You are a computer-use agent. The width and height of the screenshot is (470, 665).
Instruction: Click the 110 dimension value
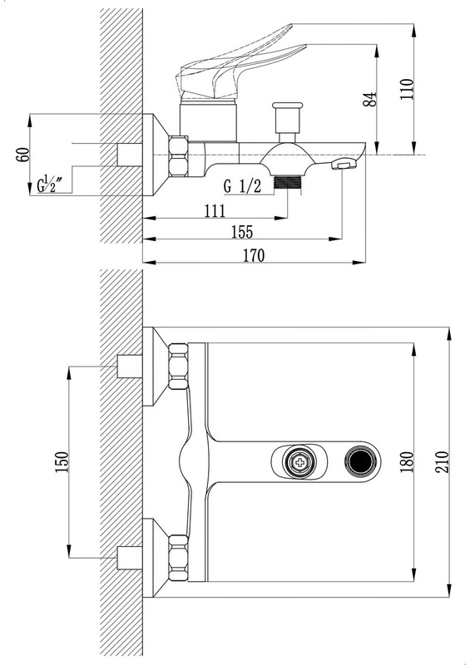[406, 89]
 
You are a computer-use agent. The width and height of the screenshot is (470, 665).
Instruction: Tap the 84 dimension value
[370, 99]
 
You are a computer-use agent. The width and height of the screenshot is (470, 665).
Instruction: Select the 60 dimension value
[23, 154]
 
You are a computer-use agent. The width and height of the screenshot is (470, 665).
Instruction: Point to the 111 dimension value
[215, 211]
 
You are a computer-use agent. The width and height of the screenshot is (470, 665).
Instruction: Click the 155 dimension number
[241, 232]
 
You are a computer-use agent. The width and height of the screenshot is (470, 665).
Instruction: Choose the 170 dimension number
[254, 256]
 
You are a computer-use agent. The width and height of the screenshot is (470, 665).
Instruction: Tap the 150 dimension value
[62, 462]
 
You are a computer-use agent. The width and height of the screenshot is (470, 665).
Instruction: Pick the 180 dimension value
[406, 462]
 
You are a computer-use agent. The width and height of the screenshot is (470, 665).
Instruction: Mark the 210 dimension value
[442, 462]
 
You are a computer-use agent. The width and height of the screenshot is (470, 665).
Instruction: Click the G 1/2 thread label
[242, 185]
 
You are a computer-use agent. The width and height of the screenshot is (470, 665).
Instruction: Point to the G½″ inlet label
[50, 185]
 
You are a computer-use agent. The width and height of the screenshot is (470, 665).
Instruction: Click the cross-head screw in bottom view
[300, 462]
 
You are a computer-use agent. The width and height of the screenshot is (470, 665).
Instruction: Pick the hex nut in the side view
[178, 156]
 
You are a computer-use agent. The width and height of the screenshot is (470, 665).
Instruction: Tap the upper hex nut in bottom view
[178, 367]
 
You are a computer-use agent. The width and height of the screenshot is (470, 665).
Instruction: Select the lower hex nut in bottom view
[178, 558]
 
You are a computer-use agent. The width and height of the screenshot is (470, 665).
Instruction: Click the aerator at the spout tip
[344, 163]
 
